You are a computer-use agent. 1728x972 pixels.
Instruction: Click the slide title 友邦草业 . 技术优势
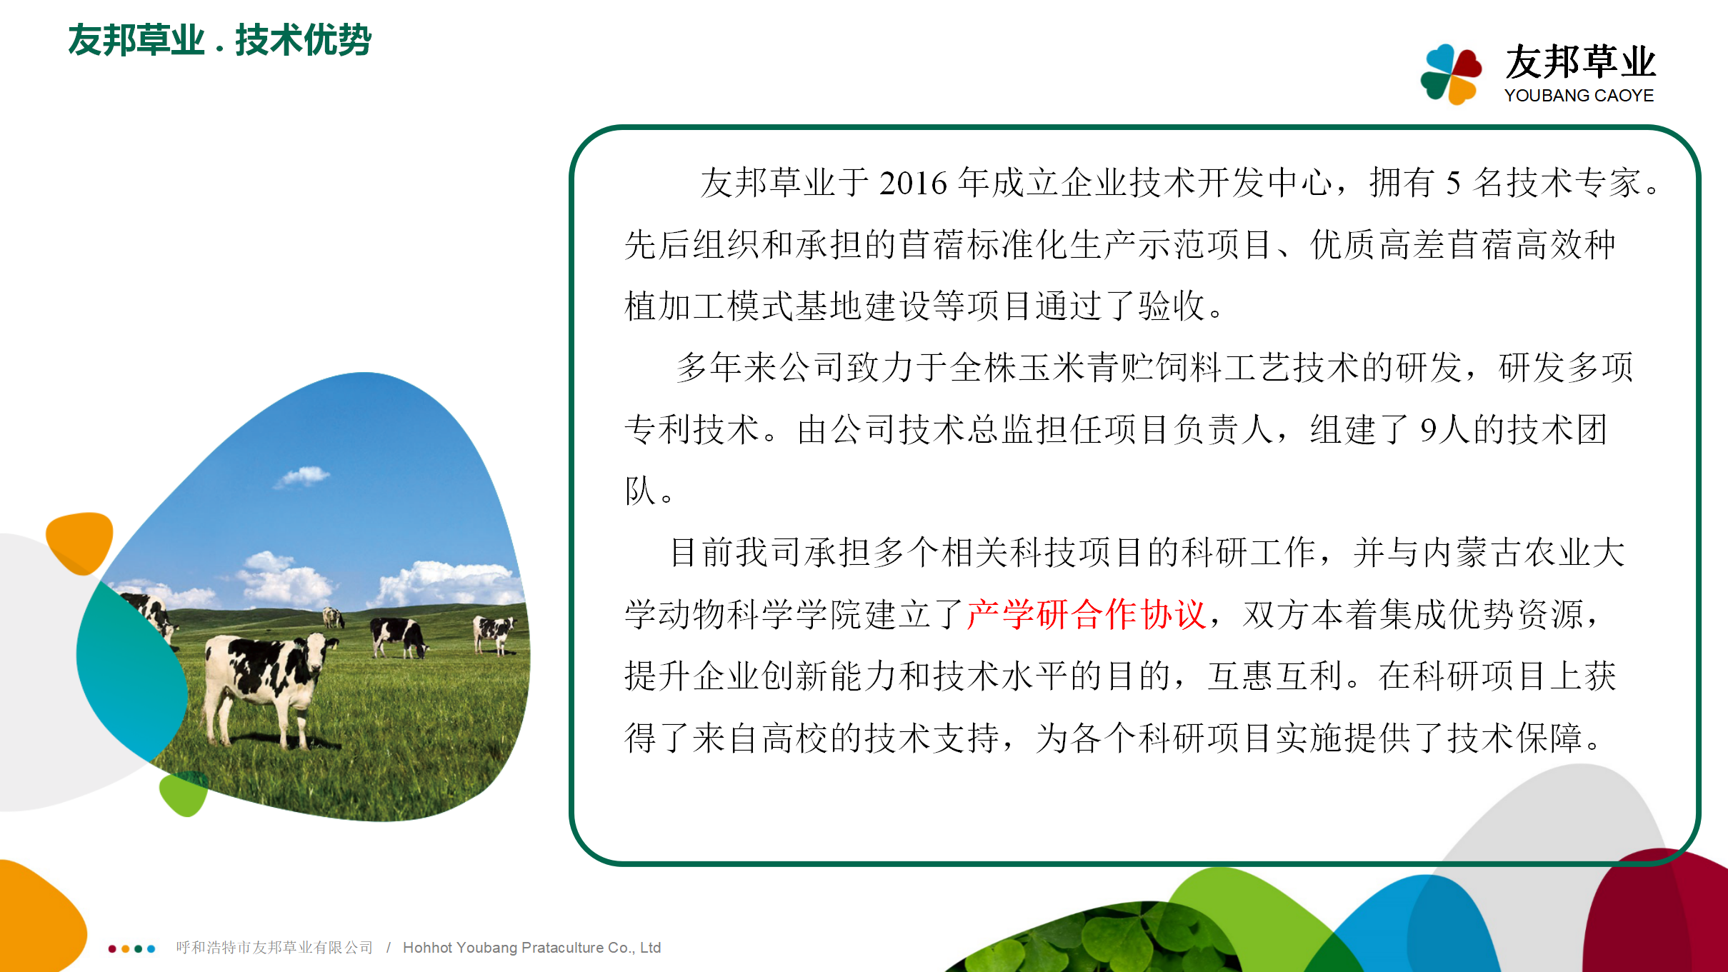[x=219, y=40]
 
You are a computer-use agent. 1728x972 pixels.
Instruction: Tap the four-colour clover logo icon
[x=1451, y=74]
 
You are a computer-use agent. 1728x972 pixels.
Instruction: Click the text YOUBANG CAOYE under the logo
[x=1579, y=96]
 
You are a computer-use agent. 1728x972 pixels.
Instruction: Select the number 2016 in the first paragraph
[x=913, y=184]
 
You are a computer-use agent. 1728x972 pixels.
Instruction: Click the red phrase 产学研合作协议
[x=1087, y=614]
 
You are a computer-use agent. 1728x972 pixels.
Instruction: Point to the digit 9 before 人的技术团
[x=1428, y=430]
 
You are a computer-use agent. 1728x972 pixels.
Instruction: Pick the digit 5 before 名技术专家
[x=1454, y=184]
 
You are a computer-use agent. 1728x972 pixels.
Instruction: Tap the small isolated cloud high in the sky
[x=301, y=476]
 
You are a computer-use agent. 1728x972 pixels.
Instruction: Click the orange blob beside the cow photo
[x=80, y=542]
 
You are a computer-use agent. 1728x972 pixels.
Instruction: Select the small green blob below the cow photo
[x=184, y=793]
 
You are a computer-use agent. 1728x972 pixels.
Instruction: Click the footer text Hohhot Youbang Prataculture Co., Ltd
[x=532, y=948]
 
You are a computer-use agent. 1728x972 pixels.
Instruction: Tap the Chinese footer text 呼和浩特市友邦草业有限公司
[x=275, y=948]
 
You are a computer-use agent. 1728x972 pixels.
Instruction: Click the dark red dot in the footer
[x=112, y=948]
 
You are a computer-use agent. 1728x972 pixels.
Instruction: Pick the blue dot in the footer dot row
[x=151, y=948]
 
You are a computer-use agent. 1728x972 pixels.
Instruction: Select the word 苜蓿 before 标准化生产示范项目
[x=933, y=245]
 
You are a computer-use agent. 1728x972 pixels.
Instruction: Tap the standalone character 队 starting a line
[x=641, y=491]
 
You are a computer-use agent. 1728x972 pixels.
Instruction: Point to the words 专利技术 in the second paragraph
[x=691, y=430]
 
